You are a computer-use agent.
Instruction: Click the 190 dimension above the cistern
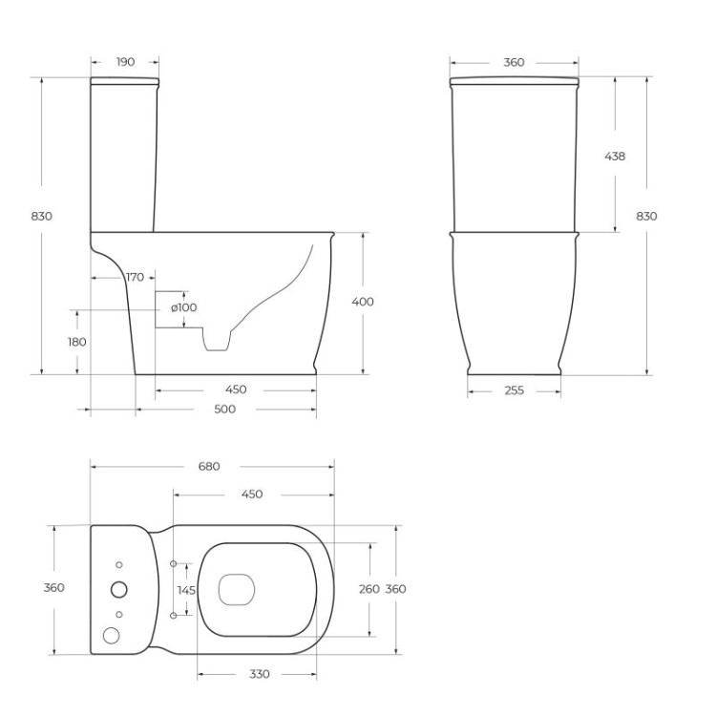point(125,62)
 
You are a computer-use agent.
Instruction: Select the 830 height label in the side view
point(41,216)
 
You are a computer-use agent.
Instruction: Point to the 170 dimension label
point(135,277)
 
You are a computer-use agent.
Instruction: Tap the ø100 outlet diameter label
point(183,307)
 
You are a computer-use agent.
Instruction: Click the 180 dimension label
point(76,342)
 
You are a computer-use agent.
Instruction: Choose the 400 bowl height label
point(363,302)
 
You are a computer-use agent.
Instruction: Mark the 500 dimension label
point(224,409)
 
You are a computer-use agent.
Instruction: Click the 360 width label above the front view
point(514,62)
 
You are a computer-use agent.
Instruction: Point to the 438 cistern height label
point(616,156)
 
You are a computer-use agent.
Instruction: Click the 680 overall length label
point(209,466)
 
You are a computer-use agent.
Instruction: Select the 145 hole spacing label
point(186,590)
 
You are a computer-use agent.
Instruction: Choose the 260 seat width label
point(369,589)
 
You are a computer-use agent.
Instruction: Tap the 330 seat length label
point(258,674)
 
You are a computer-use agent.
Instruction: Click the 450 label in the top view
point(251,495)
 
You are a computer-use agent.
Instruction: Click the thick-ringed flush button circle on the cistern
point(119,589)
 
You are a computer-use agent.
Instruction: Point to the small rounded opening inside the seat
point(234,589)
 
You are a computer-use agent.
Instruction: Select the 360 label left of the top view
point(54,588)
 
